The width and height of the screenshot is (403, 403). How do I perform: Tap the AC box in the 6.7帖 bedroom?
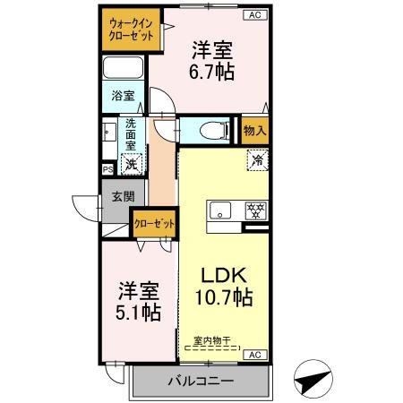coord(253,15)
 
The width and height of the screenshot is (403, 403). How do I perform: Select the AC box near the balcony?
coord(253,356)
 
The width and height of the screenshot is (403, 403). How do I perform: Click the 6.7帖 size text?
coord(213,73)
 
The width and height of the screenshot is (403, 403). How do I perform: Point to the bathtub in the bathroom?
coord(123,69)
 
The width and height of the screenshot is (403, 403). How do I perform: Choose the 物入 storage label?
coord(255,131)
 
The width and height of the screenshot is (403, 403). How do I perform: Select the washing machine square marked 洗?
coord(132,163)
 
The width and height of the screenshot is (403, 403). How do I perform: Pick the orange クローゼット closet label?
coord(153,223)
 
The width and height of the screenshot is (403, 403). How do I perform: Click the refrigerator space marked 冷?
coord(256,162)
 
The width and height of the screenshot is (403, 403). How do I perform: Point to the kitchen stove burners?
coord(255,211)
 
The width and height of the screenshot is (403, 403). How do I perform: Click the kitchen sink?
coord(219,211)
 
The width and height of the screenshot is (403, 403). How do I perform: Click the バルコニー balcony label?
coord(200,382)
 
